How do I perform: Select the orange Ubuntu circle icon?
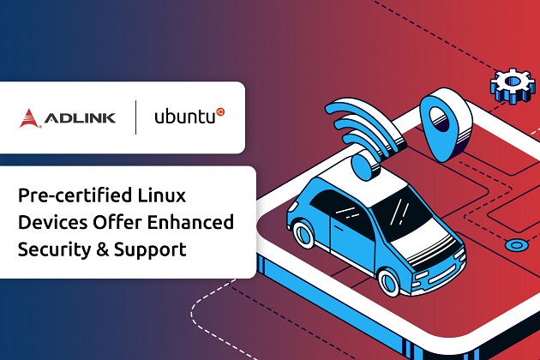click(219, 111)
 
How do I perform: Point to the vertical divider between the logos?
click(135, 117)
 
